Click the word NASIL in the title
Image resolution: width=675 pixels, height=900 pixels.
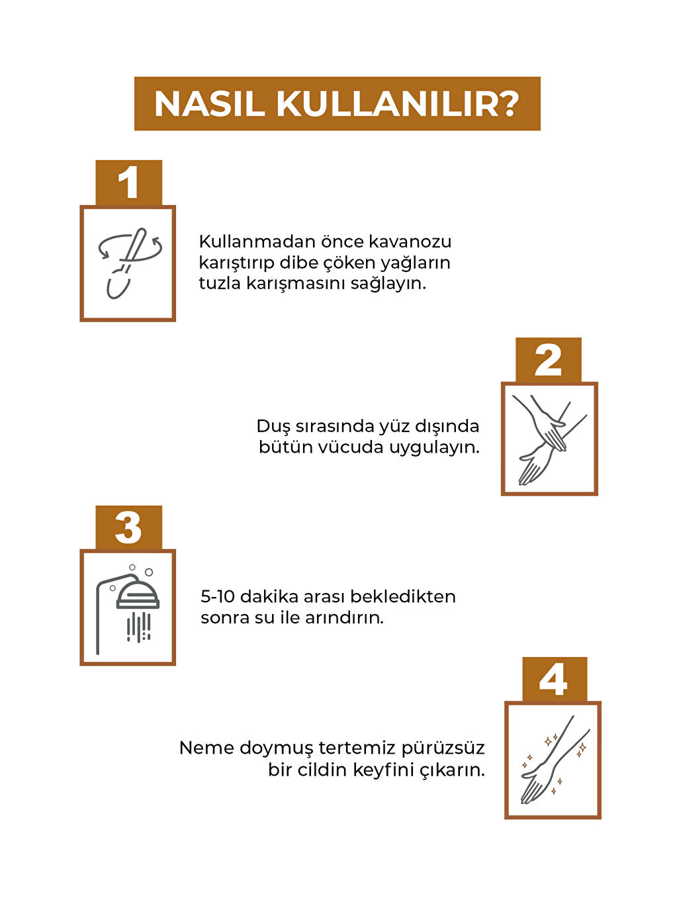[x=209, y=105]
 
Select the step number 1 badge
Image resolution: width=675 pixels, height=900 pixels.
[x=128, y=183]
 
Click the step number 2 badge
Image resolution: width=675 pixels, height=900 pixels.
[x=549, y=360]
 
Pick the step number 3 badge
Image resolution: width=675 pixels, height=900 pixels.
[x=128, y=527]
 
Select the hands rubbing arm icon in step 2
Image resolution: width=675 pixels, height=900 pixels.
[x=549, y=439]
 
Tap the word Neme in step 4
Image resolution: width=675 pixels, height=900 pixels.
[x=206, y=748]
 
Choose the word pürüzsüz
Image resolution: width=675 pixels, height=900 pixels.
[x=443, y=748]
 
